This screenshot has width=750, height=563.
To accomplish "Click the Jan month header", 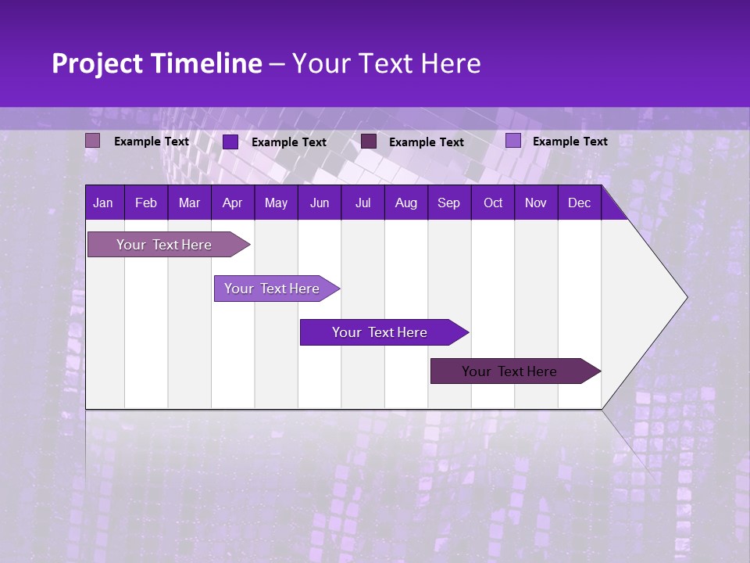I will click(103, 203).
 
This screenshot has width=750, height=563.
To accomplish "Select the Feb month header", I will click(146, 203).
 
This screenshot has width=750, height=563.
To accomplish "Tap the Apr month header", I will click(232, 203).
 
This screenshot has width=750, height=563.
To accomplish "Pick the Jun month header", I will click(320, 203).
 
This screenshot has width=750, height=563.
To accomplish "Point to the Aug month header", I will click(405, 203).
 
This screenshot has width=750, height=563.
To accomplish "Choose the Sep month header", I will click(448, 203).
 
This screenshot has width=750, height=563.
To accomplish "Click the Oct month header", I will click(493, 203).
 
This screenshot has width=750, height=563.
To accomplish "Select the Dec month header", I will click(579, 203).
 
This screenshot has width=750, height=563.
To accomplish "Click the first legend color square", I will click(93, 141).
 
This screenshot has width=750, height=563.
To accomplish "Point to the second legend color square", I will click(230, 142).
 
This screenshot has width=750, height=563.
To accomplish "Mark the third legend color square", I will click(369, 142).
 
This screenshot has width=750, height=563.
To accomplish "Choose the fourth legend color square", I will click(513, 141).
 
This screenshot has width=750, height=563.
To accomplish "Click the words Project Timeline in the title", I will click(156, 63).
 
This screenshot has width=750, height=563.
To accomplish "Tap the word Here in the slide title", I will click(451, 63).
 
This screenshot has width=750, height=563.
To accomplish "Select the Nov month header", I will click(536, 203).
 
